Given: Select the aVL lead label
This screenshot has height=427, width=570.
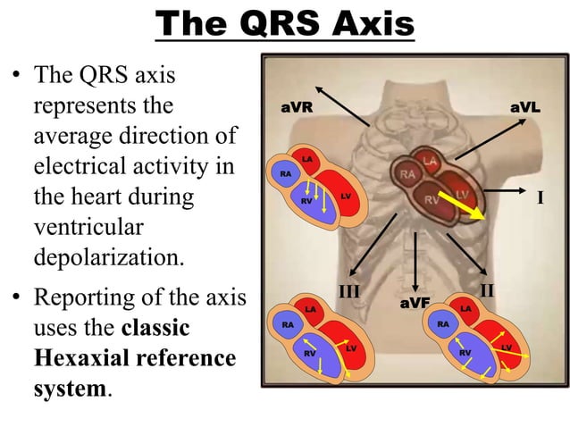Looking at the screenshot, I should (x=524, y=107).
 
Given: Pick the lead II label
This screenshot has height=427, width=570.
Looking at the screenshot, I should (x=488, y=290).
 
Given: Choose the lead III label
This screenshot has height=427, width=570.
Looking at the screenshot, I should (x=349, y=290).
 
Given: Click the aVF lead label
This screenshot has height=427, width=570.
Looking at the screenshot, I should (x=415, y=304).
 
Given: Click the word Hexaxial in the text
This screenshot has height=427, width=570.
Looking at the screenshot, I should (x=82, y=358).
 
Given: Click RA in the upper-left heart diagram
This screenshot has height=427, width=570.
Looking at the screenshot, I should (x=286, y=174).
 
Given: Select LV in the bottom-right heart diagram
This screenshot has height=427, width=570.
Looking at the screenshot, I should (x=506, y=347).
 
